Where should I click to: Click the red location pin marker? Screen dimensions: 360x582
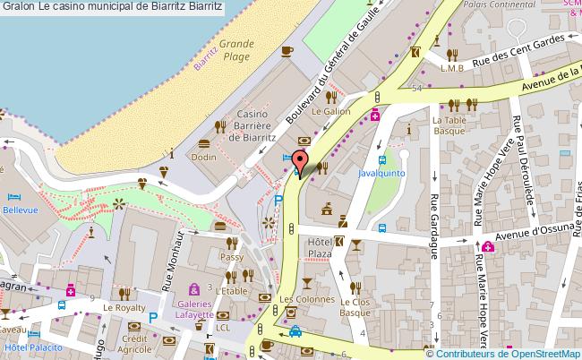click(300, 161)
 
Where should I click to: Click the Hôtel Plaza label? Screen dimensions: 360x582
click(320, 248)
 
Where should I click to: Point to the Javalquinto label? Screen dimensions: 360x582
click(384, 172)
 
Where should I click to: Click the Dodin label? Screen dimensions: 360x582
click(203, 156)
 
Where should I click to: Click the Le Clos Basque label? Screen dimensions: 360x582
click(356, 307)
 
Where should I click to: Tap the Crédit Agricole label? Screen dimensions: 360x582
click(136, 345)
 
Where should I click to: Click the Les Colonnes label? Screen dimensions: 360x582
click(299, 298)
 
